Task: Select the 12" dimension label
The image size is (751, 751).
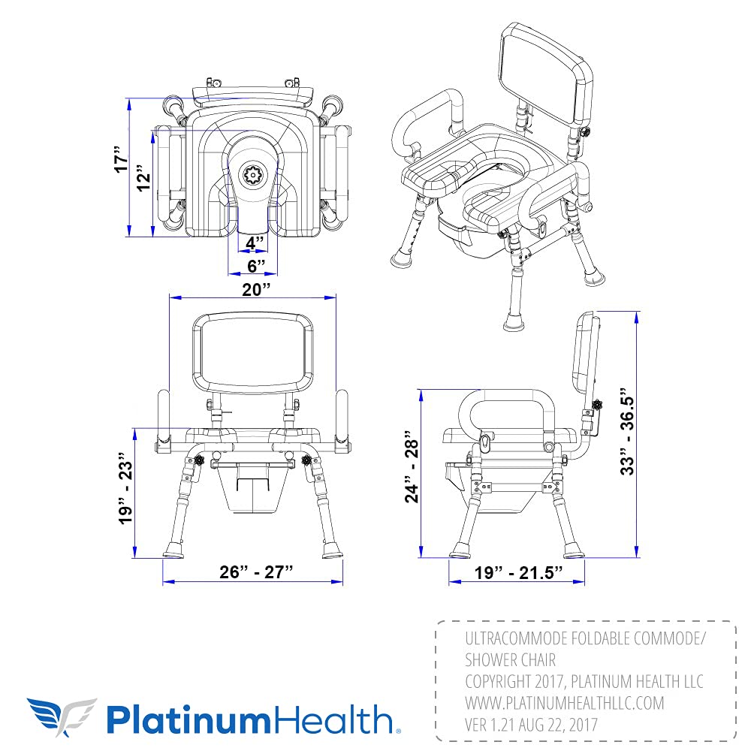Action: (x=145, y=180)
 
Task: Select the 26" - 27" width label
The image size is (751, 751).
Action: (x=252, y=572)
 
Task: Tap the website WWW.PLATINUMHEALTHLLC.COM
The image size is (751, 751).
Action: (x=565, y=703)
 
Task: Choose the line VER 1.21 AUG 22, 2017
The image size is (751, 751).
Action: (x=532, y=725)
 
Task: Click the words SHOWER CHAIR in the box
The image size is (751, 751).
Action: (x=510, y=660)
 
